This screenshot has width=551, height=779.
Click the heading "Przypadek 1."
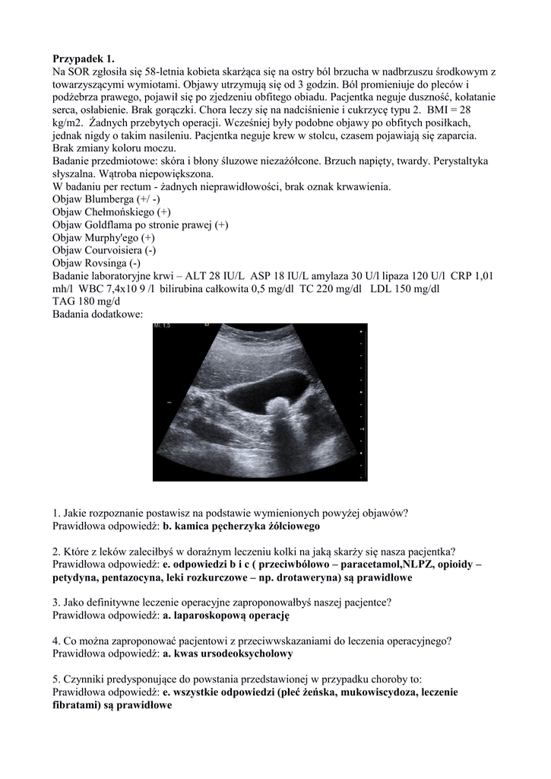coord(86,58)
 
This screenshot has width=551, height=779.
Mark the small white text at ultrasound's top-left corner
coord(162,326)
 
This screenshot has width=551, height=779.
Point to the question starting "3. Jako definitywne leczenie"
coord(222,603)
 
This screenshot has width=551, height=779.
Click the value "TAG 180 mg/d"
coord(87,302)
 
